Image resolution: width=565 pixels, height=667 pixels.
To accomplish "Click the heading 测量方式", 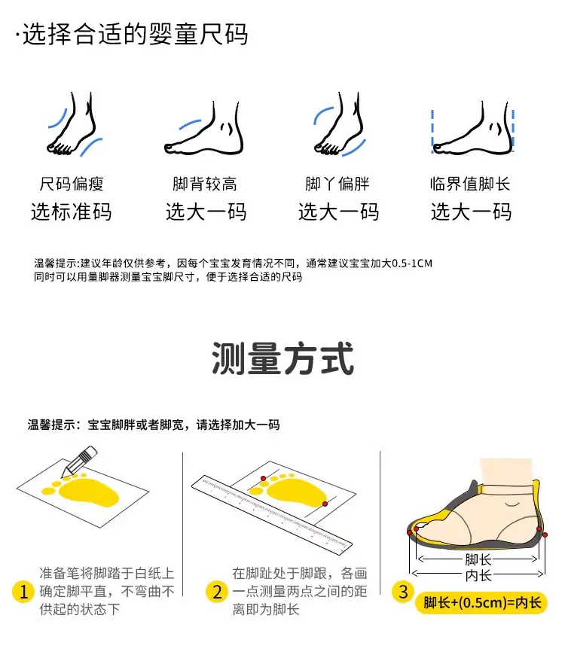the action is point(282,358).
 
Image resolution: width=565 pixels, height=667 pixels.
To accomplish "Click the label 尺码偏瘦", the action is point(72,184).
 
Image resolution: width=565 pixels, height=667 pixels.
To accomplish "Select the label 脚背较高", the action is point(205,184).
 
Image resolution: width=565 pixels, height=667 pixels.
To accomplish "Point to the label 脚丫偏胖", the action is point(337,184).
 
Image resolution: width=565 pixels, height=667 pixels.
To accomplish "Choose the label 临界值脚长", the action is point(470,184).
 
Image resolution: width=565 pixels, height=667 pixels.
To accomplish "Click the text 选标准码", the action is point(72,212).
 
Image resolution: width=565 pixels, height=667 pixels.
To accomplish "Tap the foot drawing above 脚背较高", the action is point(204,128).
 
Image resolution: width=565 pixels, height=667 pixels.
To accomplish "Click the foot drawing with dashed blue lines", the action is point(472,128).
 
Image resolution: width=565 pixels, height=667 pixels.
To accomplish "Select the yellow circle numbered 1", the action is point(23,592).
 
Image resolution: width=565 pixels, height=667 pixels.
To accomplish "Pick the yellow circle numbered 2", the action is point(217,592).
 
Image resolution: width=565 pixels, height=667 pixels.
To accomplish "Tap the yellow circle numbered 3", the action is point(403,592).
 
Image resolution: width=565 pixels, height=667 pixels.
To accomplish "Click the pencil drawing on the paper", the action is point(80,461).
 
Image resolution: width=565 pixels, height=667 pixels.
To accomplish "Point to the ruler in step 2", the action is point(272,515).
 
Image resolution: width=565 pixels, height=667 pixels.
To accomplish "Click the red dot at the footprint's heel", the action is point(325,504).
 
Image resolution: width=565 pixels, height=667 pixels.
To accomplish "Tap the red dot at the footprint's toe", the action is point(264,479).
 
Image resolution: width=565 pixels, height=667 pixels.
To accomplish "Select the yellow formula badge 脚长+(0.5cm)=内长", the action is point(481,603).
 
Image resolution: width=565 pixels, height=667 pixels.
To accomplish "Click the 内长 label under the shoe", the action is point(478,576).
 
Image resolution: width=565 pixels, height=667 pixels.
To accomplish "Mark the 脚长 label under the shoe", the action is point(478,559).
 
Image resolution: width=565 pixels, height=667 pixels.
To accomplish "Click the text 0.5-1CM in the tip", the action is point(412,263).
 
